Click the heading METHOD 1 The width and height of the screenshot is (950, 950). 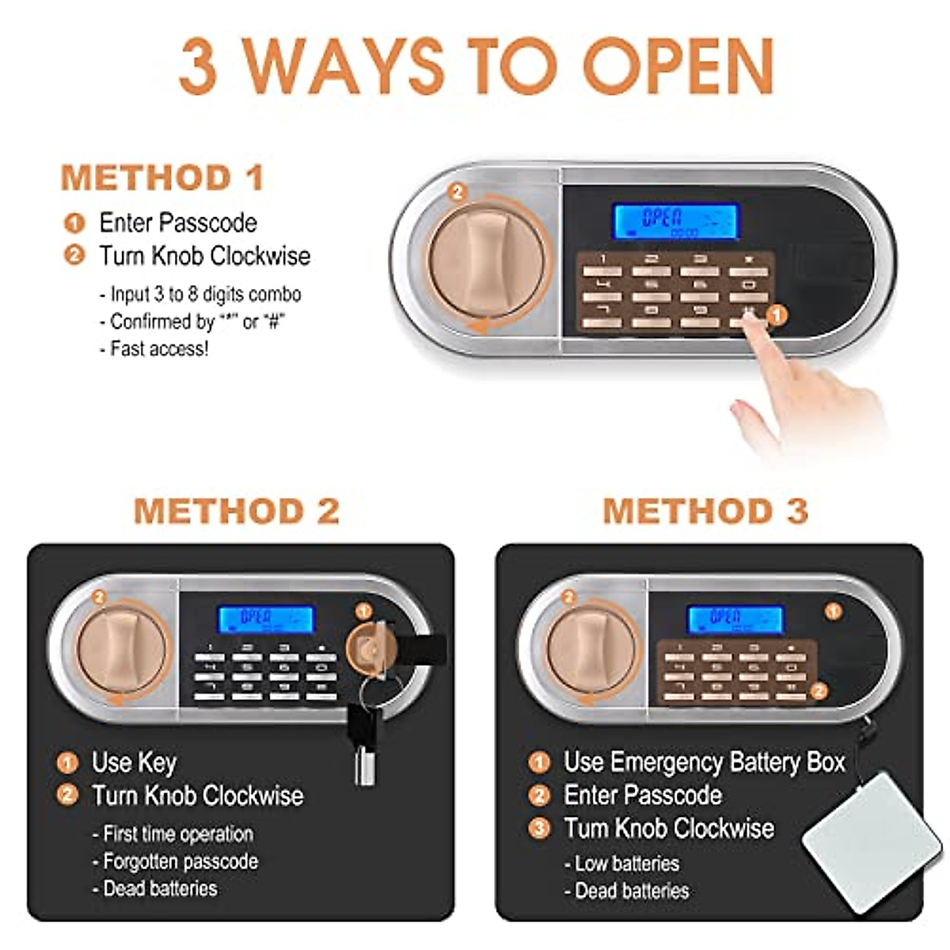[x=162, y=178]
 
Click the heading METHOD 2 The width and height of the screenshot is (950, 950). [x=236, y=511]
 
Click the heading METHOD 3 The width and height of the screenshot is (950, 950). [x=705, y=511]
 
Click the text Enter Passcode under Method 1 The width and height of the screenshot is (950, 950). [x=177, y=222]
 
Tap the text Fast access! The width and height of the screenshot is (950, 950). [x=159, y=348]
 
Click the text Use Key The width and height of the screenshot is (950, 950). [x=134, y=762]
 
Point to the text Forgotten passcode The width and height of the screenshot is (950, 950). [x=180, y=861]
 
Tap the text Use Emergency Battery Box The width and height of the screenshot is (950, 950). [x=704, y=762]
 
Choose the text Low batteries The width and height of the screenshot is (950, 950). [x=626, y=863]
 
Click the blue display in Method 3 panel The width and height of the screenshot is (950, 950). [x=735, y=620]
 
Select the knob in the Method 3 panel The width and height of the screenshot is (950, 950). [x=591, y=648]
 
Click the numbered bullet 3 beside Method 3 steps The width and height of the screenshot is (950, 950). [x=539, y=828]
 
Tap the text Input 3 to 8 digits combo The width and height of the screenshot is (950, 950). [x=205, y=294]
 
